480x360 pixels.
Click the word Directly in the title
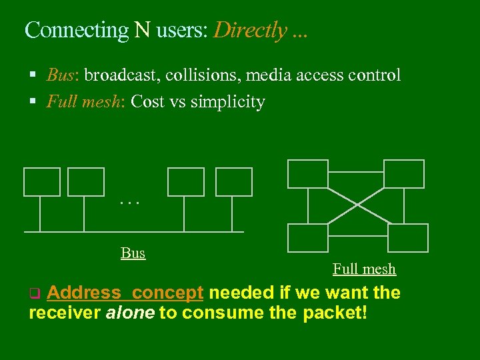[251, 31]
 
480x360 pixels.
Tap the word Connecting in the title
[76, 31]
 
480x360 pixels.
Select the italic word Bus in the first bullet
[61, 75]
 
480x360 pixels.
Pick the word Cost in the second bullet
[147, 102]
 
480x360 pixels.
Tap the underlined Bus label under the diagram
[133, 253]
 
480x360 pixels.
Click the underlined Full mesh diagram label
[364, 269]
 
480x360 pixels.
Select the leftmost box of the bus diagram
[42, 182]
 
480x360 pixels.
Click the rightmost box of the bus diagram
[234, 182]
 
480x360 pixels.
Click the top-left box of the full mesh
[307, 174]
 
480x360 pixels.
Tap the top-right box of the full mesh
[404, 174]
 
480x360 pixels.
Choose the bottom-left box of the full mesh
[307, 237]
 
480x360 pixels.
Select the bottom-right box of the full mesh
[407, 237]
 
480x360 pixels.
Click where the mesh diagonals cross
[357, 204]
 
